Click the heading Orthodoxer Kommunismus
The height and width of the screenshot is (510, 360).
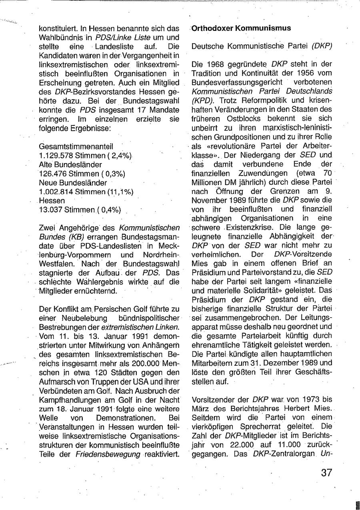[241, 28]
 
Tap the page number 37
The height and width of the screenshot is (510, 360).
[326, 473]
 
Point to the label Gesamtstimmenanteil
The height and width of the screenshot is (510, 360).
[76, 146]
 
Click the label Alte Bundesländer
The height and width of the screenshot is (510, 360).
[70, 164]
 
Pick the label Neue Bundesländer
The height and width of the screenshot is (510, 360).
[73, 183]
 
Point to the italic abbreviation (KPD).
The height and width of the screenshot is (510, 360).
[203, 100]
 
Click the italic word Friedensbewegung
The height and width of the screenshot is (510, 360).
[108, 454]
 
